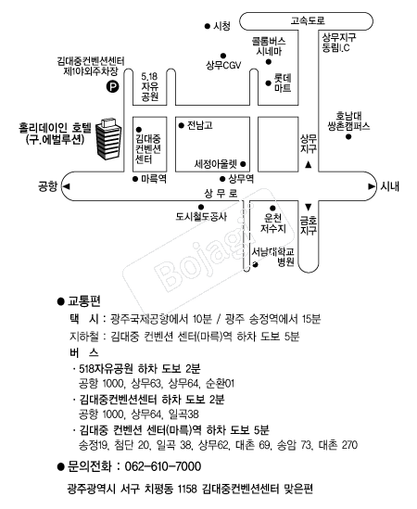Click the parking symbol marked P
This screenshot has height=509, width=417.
[x=113, y=86]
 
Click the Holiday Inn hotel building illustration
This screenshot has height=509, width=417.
[x=108, y=139]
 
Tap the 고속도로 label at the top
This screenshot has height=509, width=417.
[x=307, y=20]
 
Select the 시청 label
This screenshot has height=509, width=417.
[x=222, y=26]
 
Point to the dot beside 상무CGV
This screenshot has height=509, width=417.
[x=223, y=56]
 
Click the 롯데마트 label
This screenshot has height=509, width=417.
[x=283, y=83]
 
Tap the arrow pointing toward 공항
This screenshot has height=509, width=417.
[x=66, y=186]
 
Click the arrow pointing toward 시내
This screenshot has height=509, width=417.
[x=372, y=186]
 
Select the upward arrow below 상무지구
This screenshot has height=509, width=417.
[x=309, y=165]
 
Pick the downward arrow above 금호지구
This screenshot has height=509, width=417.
[x=309, y=207]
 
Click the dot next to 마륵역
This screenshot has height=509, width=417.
[x=135, y=179]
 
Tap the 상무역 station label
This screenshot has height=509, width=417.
[x=241, y=179]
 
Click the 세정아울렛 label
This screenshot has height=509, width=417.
[x=216, y=164]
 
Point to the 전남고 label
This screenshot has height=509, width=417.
[x=200, y=125]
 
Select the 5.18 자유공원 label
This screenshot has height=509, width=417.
[x=149, y=86]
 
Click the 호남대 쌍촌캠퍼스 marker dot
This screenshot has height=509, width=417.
[x=348, y=137]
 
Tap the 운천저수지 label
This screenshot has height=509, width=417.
[x=273, y=223]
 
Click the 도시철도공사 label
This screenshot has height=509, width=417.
[x=201, y=217]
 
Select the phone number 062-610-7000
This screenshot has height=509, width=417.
[x=163, y=466]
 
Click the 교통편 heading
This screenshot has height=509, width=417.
[x=84, y=301]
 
